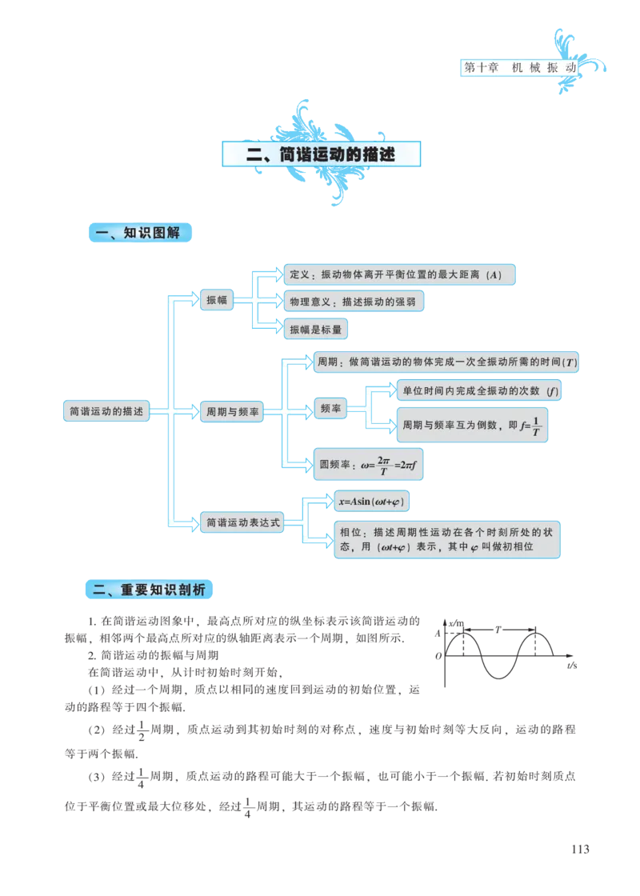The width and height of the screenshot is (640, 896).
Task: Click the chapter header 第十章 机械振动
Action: pos(520,68)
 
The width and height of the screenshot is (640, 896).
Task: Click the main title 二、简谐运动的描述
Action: pos(321,154)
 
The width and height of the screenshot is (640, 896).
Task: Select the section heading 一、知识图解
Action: pos(140,233)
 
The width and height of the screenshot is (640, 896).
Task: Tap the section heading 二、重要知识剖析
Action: pos(150,590)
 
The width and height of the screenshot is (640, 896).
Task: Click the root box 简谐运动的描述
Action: pos(106,411)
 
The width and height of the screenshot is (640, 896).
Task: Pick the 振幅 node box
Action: pos(217,301)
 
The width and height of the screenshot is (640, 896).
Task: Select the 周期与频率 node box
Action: pos(232,412)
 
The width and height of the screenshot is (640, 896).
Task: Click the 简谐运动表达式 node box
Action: pos(242,522)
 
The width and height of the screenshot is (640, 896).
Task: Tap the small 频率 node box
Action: pos(330,409)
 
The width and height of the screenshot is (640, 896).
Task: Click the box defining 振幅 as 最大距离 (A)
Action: pos(399,274)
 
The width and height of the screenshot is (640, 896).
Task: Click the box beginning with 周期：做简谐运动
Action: pos(446,362)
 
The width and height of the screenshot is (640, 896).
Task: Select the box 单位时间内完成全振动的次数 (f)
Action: pos(479,390)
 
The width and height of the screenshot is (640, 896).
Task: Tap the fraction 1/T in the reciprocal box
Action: pos(536,426)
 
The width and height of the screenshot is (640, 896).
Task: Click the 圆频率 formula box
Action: pos(368,464)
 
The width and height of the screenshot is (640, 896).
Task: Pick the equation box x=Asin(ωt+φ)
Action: pos(371,501)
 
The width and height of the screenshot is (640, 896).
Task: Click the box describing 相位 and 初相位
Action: pos(446,539)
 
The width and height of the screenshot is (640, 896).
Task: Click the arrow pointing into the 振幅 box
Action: pos(187,301)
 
